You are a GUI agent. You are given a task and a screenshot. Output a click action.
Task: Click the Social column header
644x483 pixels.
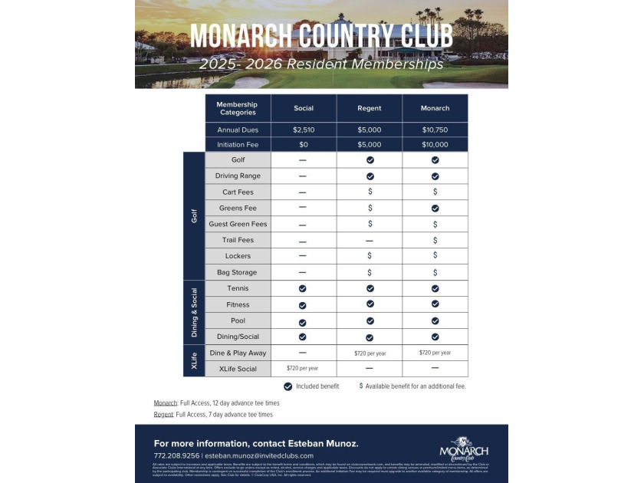pyautogui.click(x=304, y=108)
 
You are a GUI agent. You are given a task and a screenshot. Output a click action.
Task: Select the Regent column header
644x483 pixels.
pyautogui.click(x=370, y=108)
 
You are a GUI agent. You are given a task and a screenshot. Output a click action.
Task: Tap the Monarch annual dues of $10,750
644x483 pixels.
pyautogui.click(x=435, y=130)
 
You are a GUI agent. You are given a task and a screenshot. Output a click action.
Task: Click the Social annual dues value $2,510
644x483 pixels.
pyautogui.click(x=304, y=130)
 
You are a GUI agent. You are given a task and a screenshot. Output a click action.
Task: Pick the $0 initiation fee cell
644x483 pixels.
pyautogui.click(x=304, y=144)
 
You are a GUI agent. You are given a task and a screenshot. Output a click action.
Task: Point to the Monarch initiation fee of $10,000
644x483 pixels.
pyautogui.click(x=435, y=144)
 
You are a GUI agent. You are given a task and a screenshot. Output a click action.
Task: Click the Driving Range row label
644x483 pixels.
pyautogui.click(x=238, y=176)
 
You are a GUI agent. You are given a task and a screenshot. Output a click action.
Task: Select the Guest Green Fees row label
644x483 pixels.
pyautogui.click(x=238, y=224)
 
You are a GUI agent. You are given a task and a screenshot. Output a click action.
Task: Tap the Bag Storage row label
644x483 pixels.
pyautogui.click(x=238, y=272)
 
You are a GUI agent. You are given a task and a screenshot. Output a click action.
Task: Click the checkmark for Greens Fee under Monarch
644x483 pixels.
pyautogui.click(x=435, y=208)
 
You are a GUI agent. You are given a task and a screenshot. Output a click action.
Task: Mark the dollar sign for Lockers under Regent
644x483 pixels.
pyautogui.click(x=370, y=256)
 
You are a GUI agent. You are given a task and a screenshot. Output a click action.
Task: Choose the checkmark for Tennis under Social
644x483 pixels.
pyautogui.click(x=303, y=288)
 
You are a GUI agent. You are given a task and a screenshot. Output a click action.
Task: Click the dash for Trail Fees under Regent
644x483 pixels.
pyautogui.click(x=370, y=241)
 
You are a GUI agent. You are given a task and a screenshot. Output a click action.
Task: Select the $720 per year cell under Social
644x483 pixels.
pyautogui.click(x=302, y=369)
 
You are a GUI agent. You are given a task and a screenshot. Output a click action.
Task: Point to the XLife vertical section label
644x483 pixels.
pyautogui.click(x=194, y=360)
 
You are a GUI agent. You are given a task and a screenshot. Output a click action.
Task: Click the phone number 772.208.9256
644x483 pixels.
pyautogui.click(x=176, y=455)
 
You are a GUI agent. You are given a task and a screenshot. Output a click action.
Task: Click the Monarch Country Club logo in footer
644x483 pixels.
pyautogui.click(x=463, y=448)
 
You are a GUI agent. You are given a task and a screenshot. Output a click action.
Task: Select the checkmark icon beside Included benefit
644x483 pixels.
pyautogui.click(x=287, y=386)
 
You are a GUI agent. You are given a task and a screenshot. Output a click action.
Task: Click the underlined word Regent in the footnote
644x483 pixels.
pyautogui.click(x=164, y=415)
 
